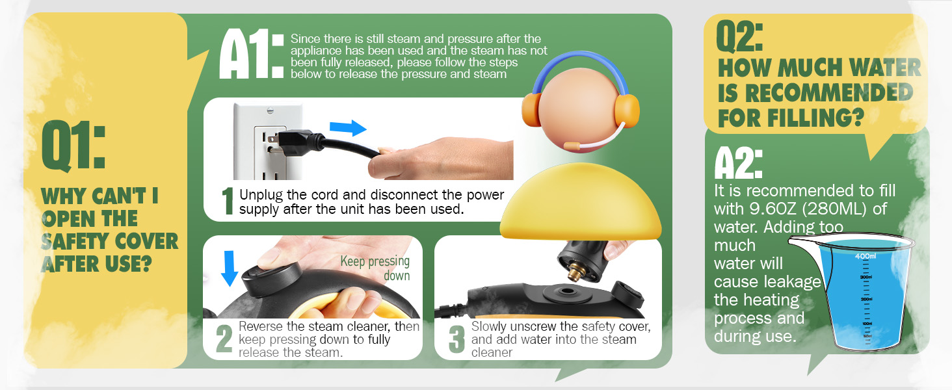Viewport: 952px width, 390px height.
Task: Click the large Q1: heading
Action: click(72, 144)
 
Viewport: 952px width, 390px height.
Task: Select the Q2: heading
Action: click(740, 38)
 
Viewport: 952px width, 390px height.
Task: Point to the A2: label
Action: click(738, 163)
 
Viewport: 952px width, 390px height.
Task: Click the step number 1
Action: click(228, 201)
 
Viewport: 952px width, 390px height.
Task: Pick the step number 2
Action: click(224, 339)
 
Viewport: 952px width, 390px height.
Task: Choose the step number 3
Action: click(457, 339)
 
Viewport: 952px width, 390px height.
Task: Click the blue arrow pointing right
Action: click(348, 128)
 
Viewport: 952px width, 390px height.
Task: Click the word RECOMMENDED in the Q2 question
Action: click(815, 94)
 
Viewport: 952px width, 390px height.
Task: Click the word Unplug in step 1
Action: click(259, 195)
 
